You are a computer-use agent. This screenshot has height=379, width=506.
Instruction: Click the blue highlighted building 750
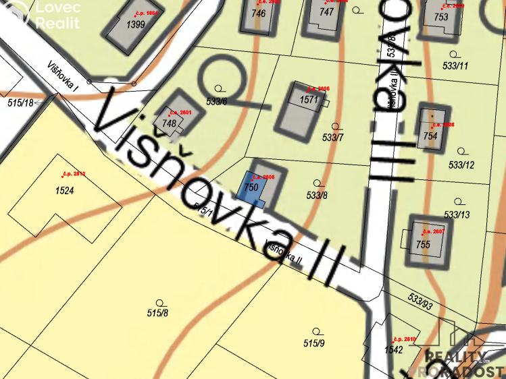point(249,186)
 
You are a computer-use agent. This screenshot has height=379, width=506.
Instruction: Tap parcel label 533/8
point(316,196)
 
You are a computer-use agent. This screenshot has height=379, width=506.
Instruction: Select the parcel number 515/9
point(314,343)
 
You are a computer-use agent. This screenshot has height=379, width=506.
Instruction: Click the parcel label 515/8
point(157,312)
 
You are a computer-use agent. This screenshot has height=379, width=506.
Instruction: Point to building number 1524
point(65,191)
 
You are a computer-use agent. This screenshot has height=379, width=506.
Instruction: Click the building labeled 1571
point(308,100)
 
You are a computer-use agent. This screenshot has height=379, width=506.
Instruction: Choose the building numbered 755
point(423,244)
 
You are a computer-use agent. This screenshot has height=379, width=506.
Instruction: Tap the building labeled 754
point(430,136)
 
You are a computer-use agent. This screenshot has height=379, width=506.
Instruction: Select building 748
point(169,123)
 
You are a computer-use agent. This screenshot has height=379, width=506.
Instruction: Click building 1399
point(136,25)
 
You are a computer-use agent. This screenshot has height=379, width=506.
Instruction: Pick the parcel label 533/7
point(333,138)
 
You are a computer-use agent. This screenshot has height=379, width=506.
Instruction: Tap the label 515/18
point(20,103)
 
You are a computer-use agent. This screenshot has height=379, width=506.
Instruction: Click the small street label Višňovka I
point(63,78)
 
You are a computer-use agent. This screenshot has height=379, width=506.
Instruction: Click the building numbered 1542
point(393,350)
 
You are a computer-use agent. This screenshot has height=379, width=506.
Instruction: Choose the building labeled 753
point(441,18)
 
